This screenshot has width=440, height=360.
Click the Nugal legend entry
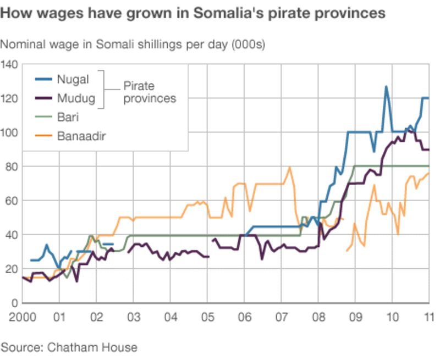(72, 79)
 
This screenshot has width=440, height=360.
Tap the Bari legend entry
(67, 117)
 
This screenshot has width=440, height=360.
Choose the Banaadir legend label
(81, 135)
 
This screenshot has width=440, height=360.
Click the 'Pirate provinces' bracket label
(149, 92)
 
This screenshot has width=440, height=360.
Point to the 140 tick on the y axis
(10, 65)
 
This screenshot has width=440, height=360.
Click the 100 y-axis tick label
(10, 133)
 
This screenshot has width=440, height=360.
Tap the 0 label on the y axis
(15, 303)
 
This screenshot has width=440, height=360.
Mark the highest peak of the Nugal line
(386, 86)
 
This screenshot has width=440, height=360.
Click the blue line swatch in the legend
(45, 79)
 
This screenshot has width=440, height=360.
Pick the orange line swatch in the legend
(45, 135)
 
